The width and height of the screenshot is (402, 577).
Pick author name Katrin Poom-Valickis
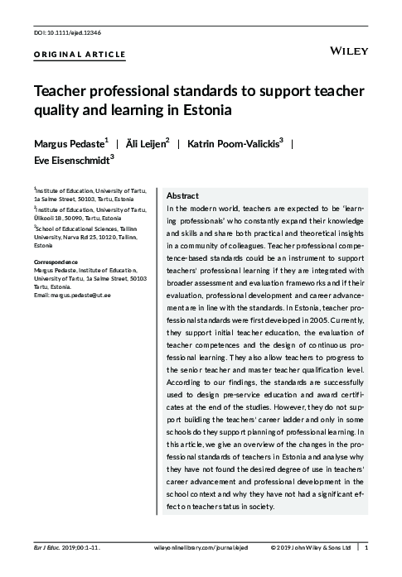pos(245,143)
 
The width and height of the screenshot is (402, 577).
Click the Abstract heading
pos(182,195)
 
